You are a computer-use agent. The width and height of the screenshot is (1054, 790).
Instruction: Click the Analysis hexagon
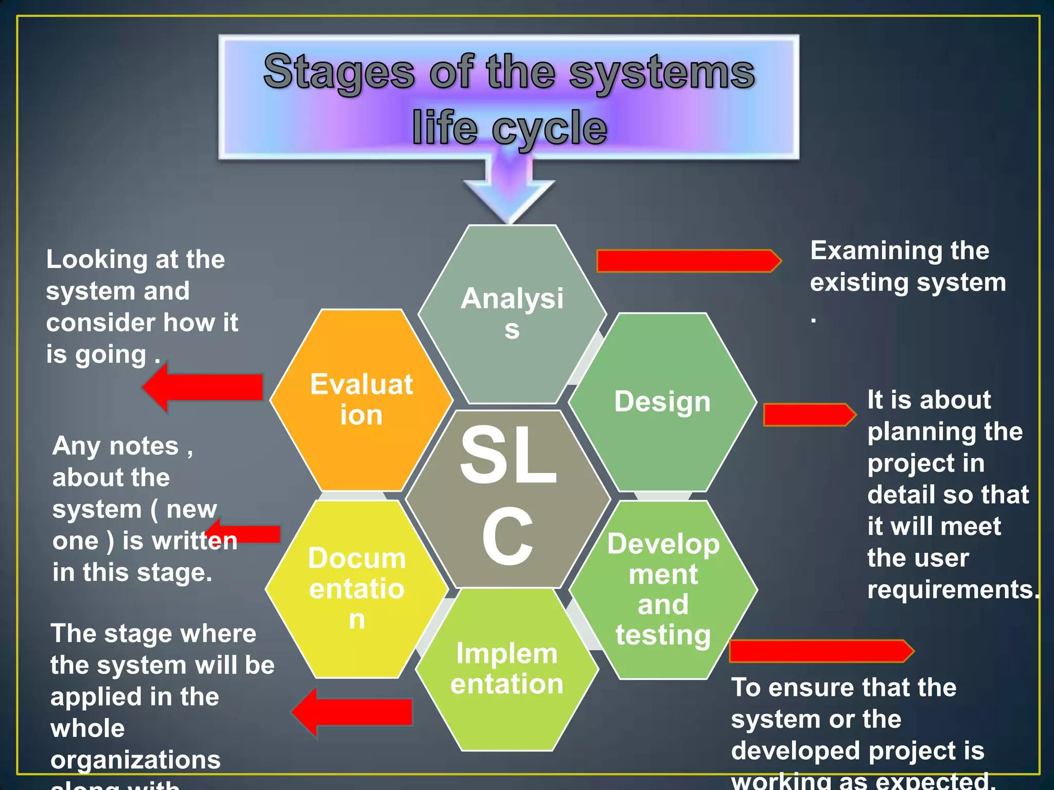512,314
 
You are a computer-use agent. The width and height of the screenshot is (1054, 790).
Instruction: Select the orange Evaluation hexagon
361,400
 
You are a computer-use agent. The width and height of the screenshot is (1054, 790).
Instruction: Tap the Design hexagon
662,402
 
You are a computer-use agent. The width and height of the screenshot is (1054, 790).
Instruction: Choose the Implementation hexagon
507,669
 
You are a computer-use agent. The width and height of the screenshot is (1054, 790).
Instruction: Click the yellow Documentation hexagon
357,589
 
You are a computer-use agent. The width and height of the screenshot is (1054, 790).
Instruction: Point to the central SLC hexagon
508,499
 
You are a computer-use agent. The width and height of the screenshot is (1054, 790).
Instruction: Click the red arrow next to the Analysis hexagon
688,261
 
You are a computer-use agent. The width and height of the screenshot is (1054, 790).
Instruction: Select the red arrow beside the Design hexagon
809,415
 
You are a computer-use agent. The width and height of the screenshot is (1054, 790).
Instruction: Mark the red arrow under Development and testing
820,651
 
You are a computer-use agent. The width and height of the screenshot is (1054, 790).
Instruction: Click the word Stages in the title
339,72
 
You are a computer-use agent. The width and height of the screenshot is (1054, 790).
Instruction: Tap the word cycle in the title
549,129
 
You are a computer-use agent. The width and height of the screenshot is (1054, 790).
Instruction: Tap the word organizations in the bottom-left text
135,760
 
